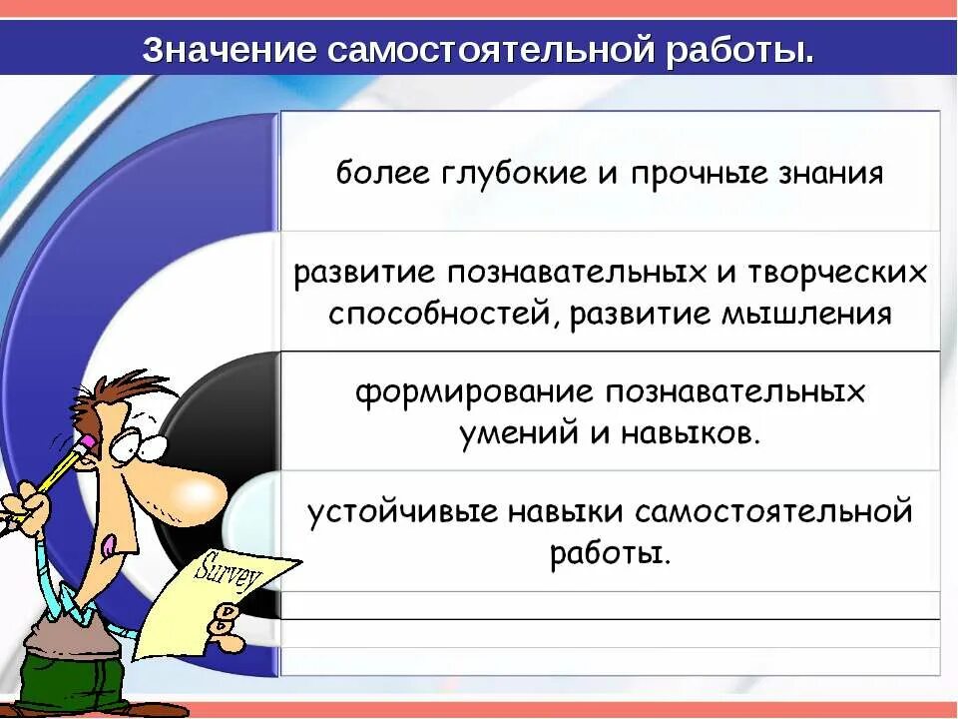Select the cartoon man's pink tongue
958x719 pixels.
coord(109,544)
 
